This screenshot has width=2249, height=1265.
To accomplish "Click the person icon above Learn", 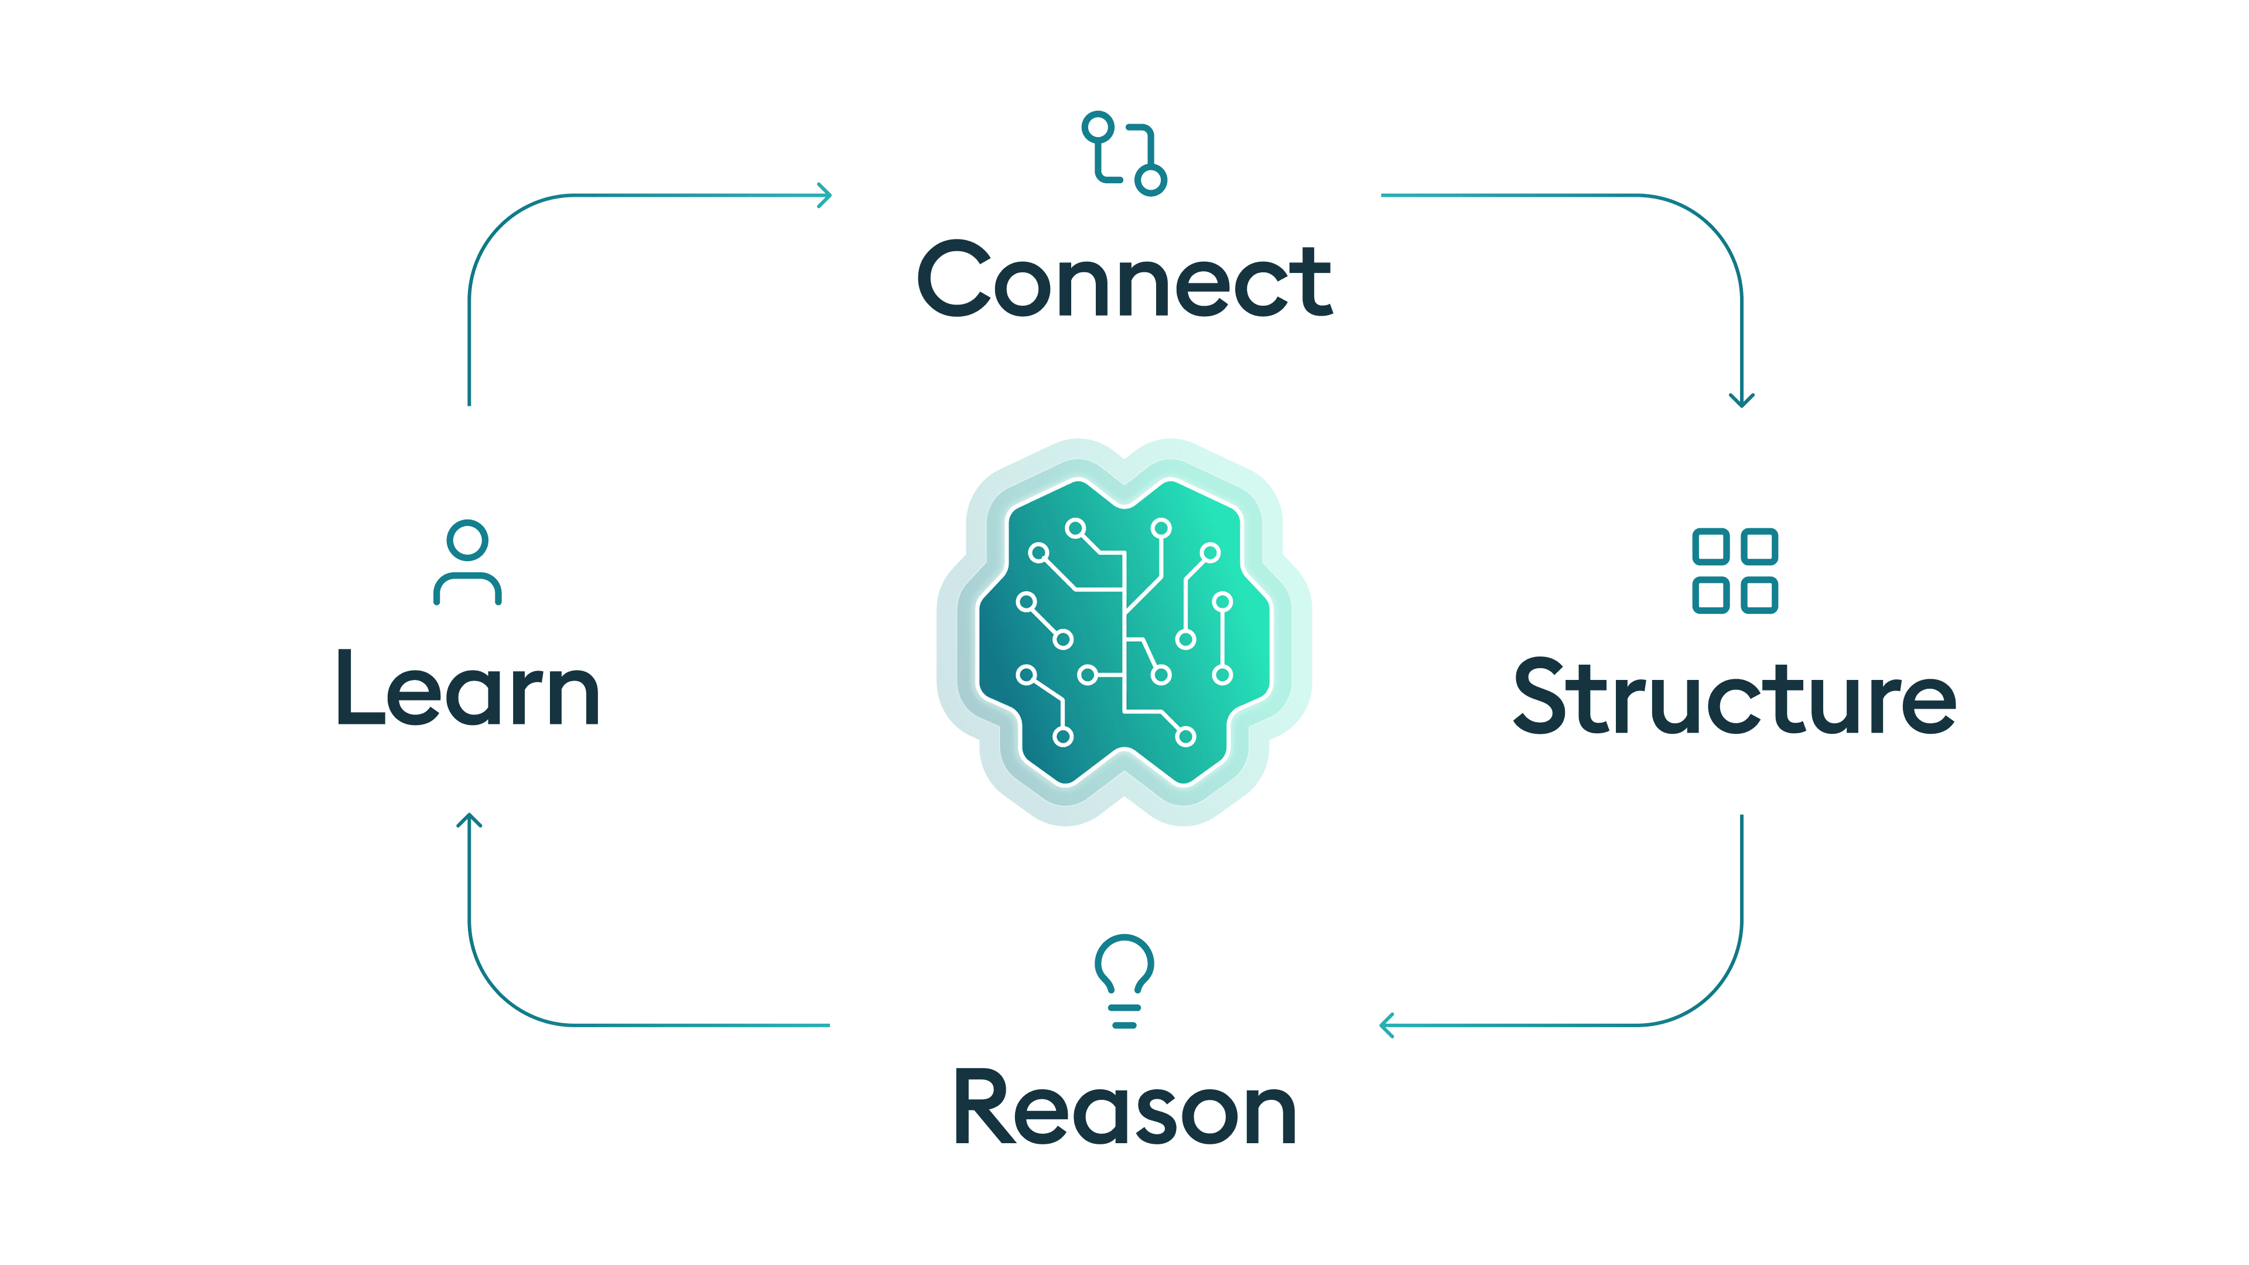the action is click(x=467, y=562).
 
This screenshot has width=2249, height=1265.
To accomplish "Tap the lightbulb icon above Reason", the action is click(x=1124, y=980).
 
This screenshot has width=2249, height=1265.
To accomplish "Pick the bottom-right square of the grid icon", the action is click(x=1759, y=596).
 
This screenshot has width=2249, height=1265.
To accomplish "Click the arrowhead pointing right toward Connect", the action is click(x=824, y=196).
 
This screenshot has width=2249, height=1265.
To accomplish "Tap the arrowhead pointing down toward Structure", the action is click(x=1742, y=400).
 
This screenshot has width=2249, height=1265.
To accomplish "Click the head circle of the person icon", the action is click(x=467, y=541).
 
